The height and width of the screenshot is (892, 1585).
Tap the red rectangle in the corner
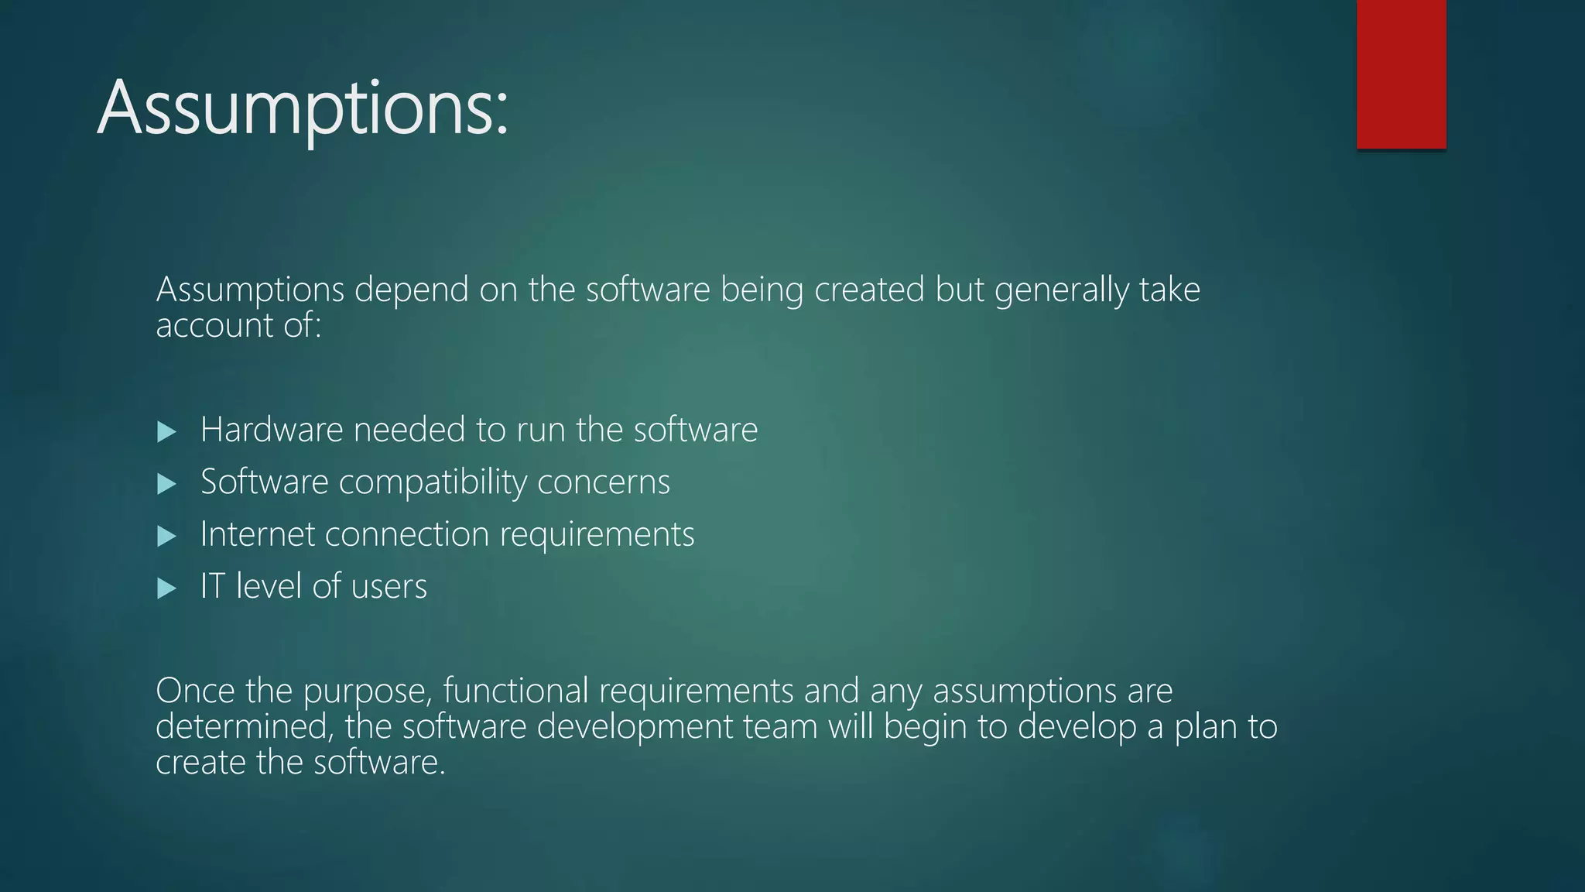[1401, 74]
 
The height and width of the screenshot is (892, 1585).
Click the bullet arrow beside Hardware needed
[166, 431]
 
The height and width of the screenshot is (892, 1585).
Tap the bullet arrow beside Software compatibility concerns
[166, 484]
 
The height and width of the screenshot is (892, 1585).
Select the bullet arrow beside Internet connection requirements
[166, 536]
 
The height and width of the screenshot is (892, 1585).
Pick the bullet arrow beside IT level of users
[166, 588]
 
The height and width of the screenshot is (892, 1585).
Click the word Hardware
[271, 430]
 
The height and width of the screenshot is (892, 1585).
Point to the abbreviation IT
[212, 586]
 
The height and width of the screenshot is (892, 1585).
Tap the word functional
[515, 690]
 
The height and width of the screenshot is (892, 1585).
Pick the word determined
[245, 726]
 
